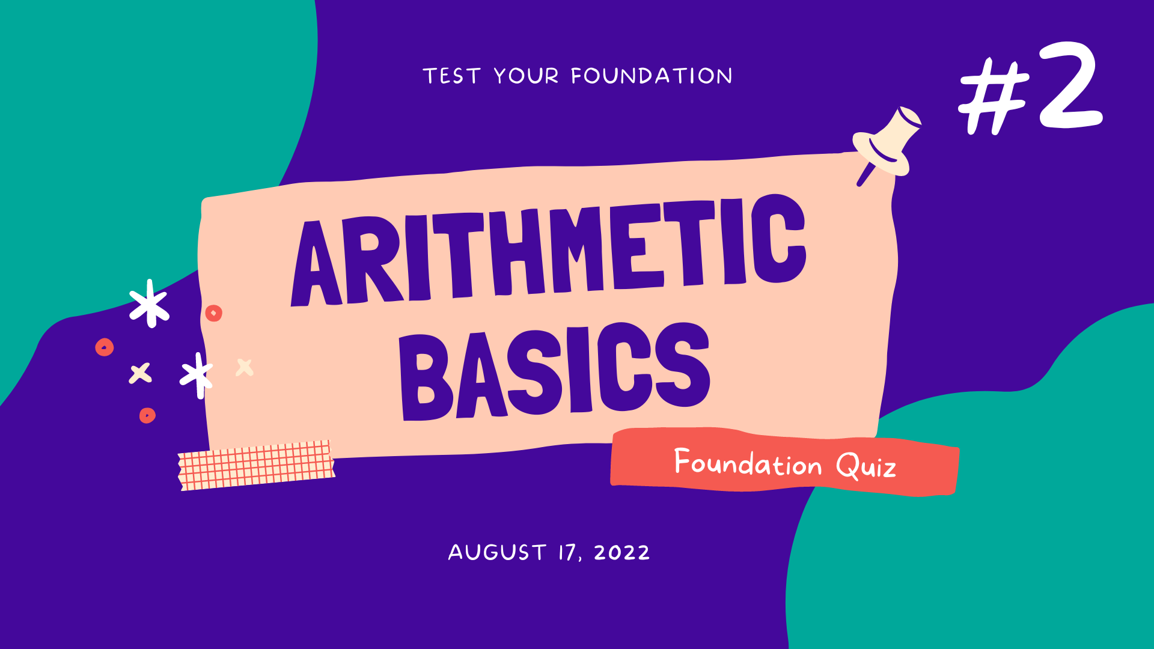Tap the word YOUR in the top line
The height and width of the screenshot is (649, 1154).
click(x=526, y=76)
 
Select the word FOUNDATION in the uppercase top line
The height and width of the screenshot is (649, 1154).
click(x=652, y=76)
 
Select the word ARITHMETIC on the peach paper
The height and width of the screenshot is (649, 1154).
click(x=548, y=252)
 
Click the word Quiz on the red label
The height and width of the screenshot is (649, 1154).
click(x=865, y=466)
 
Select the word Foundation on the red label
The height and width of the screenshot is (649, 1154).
click(x=748, y=463)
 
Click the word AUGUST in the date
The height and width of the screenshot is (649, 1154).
click(x=497, y=552)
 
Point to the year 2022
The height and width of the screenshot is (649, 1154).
click(x=621, y=552)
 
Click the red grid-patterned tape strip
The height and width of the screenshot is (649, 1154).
click(x=257, y=465)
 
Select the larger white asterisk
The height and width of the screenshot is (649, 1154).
click(x=149, y=303)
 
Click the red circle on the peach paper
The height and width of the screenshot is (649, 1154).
click(x=213, y=313)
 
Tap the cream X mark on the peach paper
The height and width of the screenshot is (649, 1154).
click(x=245, y=367)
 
